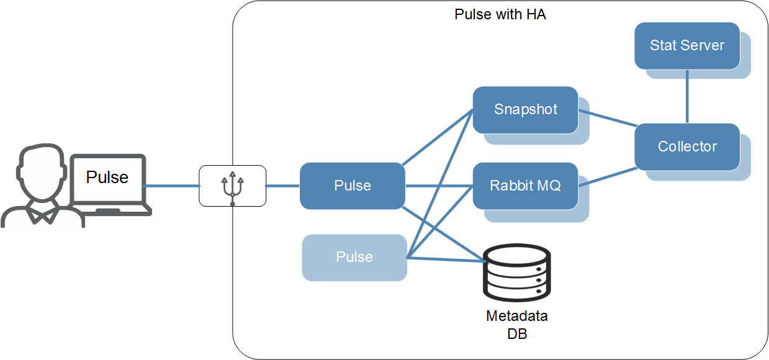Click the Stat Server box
pos(686,45)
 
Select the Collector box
pos(686,146)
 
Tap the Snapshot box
pos(525,110)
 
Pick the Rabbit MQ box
pos(525,186)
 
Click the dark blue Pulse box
pos(352,186)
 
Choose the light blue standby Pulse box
pos(354,257)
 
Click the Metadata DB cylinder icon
pos(516,273)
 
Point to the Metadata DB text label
pos(516,324)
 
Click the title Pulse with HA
pos(500,14)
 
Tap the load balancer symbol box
pos(232,186)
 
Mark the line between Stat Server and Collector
pos(686,96)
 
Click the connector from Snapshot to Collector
pos(606,119)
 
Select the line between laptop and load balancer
pos(172,186)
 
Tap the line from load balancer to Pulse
pos(282,186)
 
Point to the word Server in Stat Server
pos(703,45)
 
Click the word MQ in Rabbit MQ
pos(549,186)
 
